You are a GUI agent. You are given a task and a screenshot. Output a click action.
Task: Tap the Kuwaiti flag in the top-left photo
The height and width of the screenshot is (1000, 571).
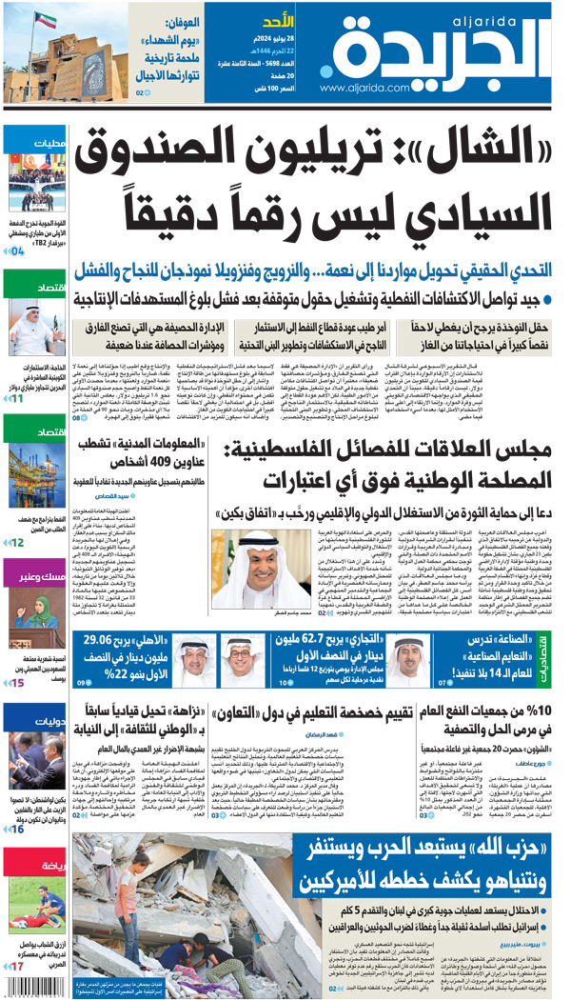[x=46, y=20]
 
